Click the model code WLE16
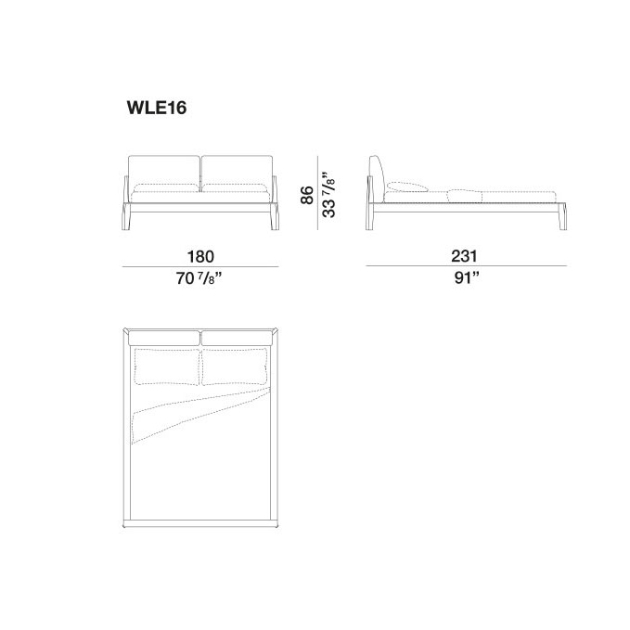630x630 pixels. tap(157, 108)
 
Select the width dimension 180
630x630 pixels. tap(200, 256)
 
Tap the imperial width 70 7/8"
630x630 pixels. tap(199, 278)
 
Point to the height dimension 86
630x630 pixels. tap(307, 195)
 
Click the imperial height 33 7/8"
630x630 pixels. tap(328, 195)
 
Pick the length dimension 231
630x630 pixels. tap(464, 256)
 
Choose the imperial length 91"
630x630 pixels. tap(467, 277)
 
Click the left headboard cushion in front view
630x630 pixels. tap(164, 173)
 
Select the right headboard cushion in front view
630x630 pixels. tap(237, 173)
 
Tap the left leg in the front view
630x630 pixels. tap(126, 216)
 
